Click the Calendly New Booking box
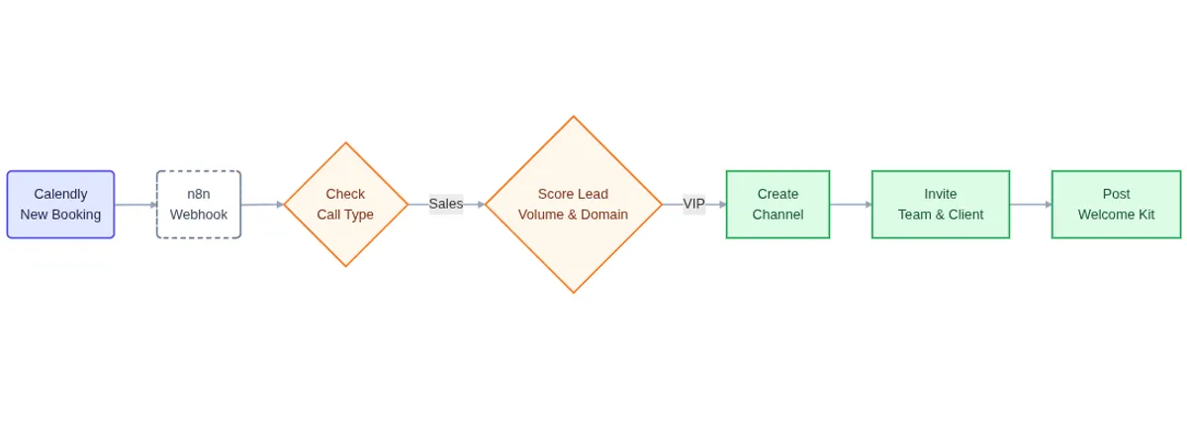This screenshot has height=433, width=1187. [60, 205]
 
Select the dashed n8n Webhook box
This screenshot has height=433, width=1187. [198, 205]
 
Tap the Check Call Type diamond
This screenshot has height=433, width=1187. [345, 205]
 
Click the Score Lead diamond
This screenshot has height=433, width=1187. [573, 205]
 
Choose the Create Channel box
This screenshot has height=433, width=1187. [777, 205]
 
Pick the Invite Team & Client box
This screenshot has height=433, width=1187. [940, 205]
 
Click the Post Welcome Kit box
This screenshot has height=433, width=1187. [1116, 205]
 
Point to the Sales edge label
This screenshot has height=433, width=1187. [445, 204]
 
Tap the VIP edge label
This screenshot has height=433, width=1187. [693, 204]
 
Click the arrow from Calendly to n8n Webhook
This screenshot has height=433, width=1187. [135, 205]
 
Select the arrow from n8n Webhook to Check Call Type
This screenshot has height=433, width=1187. [261, 205]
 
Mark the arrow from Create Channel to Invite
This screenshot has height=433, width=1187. [850, 205]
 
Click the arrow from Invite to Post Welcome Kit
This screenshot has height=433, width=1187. [1030, 205]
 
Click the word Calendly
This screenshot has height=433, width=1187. [60, 194]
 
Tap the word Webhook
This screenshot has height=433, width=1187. [198, 215]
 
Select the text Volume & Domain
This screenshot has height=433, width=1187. [573, 215]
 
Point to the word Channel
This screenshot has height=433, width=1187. [777, 215]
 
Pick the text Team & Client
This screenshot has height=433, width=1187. [940, 215]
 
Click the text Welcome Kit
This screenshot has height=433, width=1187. [1116, 215]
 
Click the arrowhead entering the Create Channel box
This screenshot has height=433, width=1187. [722, 205]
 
